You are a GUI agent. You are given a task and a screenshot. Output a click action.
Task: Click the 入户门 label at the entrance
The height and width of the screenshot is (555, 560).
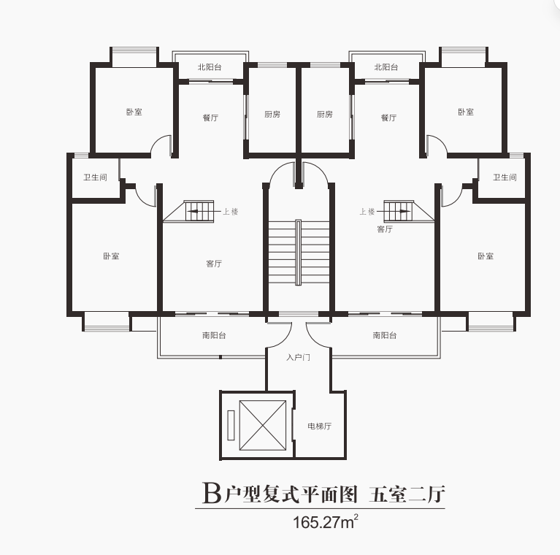[298, 357]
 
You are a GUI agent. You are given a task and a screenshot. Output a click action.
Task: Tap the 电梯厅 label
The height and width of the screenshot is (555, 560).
[319, 426]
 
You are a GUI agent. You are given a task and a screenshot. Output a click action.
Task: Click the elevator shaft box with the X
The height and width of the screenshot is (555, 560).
[263, 425]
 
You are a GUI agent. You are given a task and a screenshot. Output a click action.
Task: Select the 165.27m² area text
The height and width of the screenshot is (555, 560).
[326, 522]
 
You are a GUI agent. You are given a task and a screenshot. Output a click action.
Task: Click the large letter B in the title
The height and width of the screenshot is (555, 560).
[212, 493]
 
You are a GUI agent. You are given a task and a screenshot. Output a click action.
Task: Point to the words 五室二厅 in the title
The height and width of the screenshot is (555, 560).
[407, 494]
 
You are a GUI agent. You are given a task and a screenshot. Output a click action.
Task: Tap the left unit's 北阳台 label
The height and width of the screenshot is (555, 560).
[210, 66]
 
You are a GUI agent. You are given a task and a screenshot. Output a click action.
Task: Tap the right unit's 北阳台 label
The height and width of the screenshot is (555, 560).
[386, 66]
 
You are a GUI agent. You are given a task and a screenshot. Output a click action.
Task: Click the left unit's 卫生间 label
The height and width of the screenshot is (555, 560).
[95, 177]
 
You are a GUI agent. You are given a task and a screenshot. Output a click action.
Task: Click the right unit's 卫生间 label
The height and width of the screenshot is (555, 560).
[505, 177]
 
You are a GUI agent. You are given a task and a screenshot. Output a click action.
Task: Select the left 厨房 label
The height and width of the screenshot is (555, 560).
[272, 114]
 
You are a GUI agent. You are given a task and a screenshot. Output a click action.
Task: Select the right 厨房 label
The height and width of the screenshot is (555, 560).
[325, 114]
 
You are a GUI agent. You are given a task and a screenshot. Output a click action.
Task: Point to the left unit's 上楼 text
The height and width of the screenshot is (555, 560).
[231, 212]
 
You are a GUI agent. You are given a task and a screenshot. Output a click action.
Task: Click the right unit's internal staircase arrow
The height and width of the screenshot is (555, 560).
[398, 211]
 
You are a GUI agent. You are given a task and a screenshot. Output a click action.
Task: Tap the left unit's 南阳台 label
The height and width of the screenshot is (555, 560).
[214, 335]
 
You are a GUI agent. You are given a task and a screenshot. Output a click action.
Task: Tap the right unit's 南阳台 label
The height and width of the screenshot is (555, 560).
[385, 335]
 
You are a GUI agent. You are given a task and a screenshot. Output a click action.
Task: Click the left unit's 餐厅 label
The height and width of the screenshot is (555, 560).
[210, 118]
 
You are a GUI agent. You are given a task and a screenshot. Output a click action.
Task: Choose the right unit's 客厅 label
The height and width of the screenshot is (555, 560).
[385, 229]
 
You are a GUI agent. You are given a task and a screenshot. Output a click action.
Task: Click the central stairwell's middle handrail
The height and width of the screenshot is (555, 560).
[298, 252]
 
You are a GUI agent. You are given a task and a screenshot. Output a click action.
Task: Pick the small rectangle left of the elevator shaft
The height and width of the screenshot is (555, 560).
[231, 425]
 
